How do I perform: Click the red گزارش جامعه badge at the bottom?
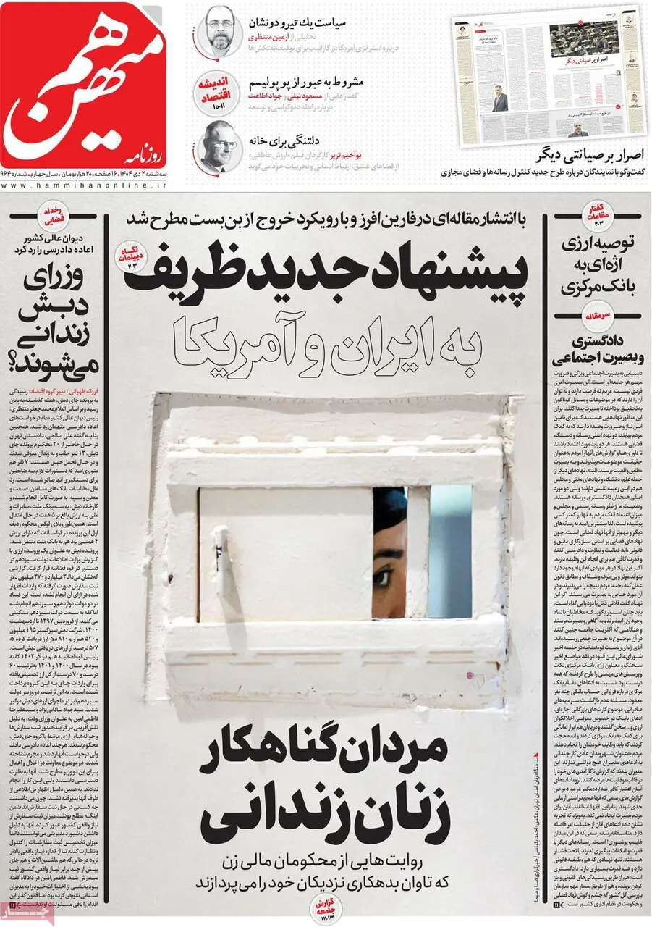coord(322,905)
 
